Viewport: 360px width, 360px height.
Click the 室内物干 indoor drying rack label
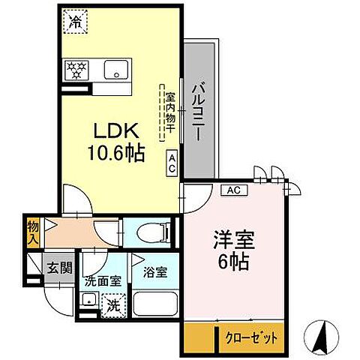169,113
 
